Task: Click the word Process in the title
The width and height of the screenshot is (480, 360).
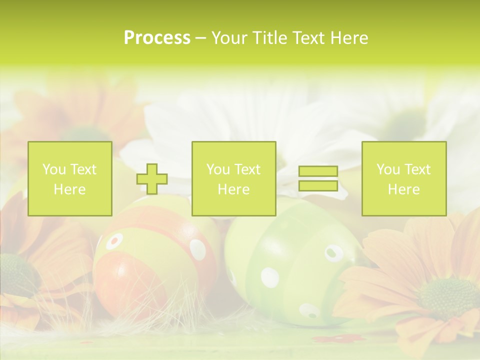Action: click(x=157, y=38)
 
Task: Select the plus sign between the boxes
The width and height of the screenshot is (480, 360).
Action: click(x=152, y=179)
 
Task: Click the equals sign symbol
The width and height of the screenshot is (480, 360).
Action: click(x=318, y=178)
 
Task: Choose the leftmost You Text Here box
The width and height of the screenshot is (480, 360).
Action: click(x=70, y=179)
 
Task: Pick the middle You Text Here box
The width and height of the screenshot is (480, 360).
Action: click(x=234, y=179)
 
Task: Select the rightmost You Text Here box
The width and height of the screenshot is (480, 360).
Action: click(x=404, y=179)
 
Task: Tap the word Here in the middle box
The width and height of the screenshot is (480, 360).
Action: click(x=234, y=189)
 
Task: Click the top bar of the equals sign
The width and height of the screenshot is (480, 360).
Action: click(x=318, y=171)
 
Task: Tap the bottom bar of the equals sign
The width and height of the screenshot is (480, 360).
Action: click(x=318, y=185)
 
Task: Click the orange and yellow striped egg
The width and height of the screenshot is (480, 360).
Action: click(x=150, y=260)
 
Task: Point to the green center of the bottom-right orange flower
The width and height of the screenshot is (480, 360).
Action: click(x=447, y=298)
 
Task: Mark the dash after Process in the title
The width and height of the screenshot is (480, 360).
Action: click(x=201, y=38)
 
